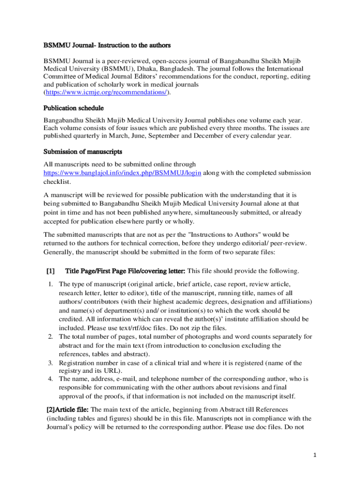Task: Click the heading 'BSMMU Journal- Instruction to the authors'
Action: pyautogui.click(x=107, y=45)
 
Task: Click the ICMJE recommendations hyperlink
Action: pyautogui.click(x=106, y=93)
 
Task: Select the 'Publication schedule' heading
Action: pyautogui.click(x=74, y=108)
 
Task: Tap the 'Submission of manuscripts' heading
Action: pyautogui.click(x=83, y=152)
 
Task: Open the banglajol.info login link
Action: pyautogui.click(x=122, y=173)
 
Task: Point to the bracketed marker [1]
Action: pyautogui.click(x=50, y=271)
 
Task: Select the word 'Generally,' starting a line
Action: pyautogui.click(x=60, y=251)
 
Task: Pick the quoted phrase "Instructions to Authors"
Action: pyautogui.click(x=217, y=234)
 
